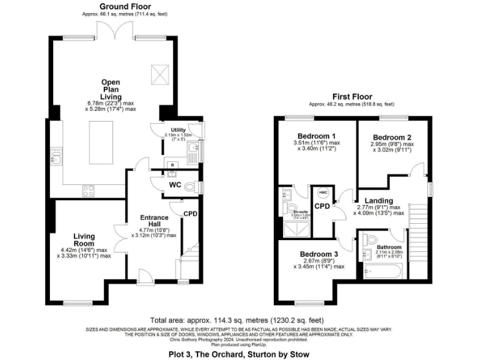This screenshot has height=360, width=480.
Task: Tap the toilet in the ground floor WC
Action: (x=197, y=186)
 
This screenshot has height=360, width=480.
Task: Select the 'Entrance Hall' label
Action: (x=153, y=221)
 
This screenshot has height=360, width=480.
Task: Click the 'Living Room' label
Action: (x=84, y=240)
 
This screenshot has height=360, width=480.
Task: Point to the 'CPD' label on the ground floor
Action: (x=190, y=213)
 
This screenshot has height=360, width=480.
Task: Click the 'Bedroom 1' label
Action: (x=316, y=136)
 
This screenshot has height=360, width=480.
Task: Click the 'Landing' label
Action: (x=379, y=200)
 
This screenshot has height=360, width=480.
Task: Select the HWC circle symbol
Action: (x=323, y=192)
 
